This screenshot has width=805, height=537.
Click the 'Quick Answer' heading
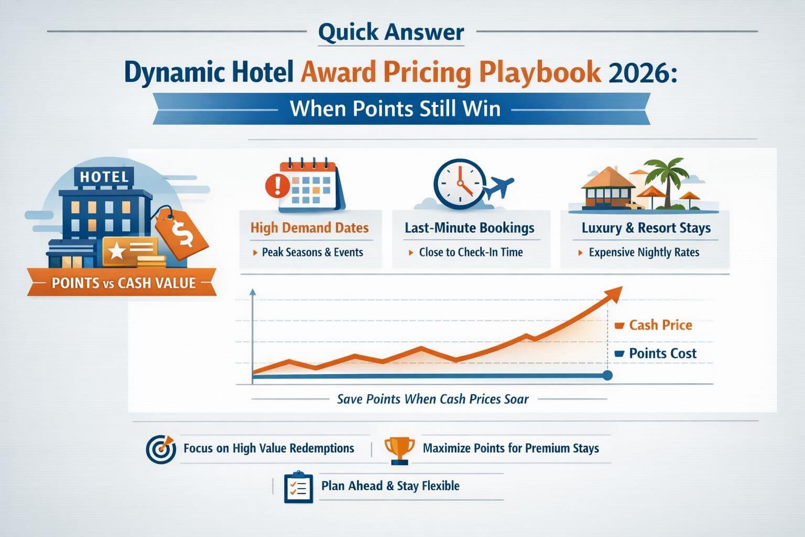click(x=391, y=32)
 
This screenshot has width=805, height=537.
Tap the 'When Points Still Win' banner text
click(x=395, y=109)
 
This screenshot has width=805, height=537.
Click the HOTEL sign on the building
click(x=104, y=177)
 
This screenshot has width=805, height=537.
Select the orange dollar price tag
click(x=181, y=234)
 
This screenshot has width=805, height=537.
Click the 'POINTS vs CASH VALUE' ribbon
click(x=123, y=283)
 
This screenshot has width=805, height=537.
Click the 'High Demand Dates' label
click(x=309, y=228)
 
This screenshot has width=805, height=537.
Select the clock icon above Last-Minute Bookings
click(x=460, y=185)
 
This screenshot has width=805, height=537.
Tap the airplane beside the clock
click(x=499, y=188)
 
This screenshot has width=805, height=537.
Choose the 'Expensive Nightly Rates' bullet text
click(x=644, y=253)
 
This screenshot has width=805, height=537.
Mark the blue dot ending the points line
click(x=607, y=375)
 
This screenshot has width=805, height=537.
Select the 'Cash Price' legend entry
click(x=660, y=325)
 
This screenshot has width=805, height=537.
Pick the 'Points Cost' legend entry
click(x=662, y=353)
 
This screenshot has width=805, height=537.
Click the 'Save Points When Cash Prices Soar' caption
click(x=432, y=399)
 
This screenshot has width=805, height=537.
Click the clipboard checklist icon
click(x=298, y=487)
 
